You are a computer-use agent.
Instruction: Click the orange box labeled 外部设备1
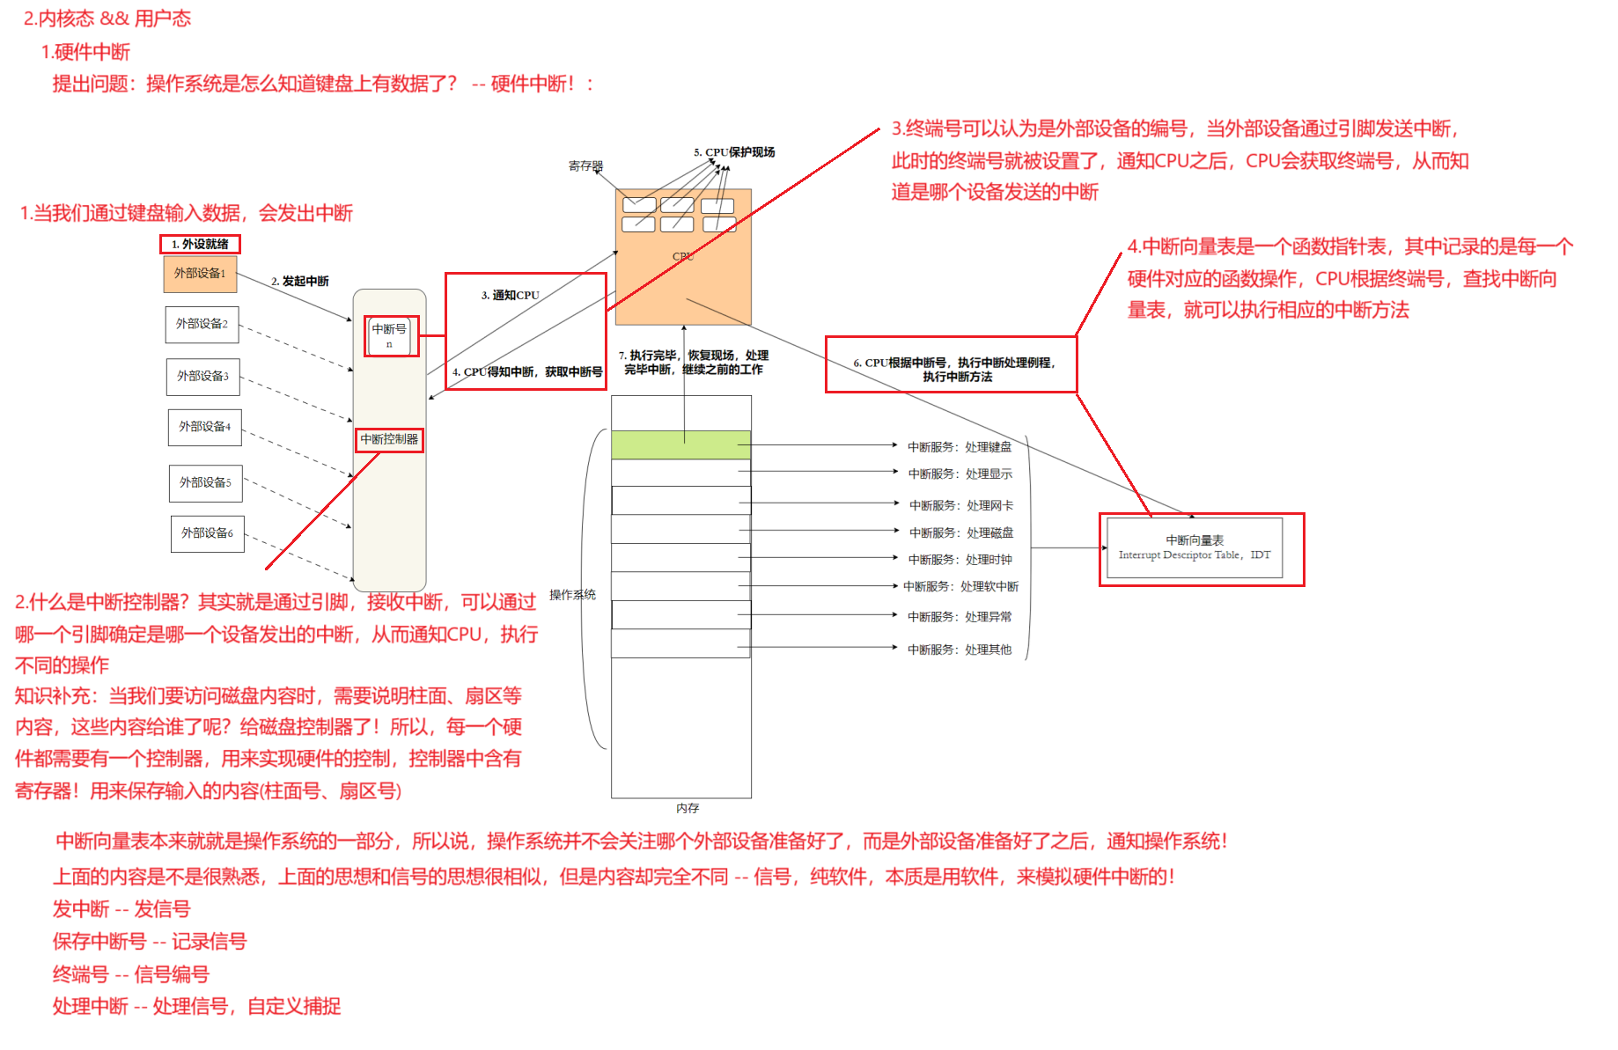click(200, 274)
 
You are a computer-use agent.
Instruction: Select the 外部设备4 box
click(205, 427)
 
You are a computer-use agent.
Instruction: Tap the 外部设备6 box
click(207, 533)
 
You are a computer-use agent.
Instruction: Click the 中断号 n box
click(389, 335)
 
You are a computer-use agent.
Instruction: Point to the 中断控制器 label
click(389, 439)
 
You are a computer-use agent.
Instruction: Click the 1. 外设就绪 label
click(200, 244)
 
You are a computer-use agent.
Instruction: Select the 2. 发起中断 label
click(300, 282)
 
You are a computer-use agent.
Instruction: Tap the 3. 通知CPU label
click(511, 296)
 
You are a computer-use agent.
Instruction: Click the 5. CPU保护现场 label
click(734, 152)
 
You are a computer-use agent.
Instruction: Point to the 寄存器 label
click(585, 165)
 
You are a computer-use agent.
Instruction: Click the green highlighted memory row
click(680, 444)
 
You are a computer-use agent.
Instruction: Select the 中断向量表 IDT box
click(1195, 547)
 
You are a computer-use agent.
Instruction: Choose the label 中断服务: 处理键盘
click(960, 447)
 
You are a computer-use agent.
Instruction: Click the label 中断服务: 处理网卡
click(961, 505)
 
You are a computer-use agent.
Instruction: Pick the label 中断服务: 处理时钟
click(960, 560)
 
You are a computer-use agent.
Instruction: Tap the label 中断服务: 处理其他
click(960, 650)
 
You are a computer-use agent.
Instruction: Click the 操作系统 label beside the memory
click(572, 595)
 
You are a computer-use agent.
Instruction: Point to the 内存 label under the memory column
click(688, 808)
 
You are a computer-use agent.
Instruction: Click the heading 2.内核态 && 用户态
click(107, 18)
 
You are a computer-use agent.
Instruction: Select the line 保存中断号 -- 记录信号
click(150, 942)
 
